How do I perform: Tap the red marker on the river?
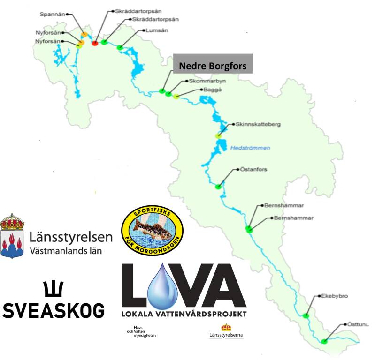94,43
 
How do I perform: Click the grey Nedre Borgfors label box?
213,66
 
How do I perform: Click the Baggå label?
209,89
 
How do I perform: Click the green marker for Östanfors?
218,187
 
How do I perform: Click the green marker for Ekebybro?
306,315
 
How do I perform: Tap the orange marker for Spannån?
84,35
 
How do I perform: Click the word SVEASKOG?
54,309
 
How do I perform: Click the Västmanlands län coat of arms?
12,236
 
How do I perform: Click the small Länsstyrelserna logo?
226,331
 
